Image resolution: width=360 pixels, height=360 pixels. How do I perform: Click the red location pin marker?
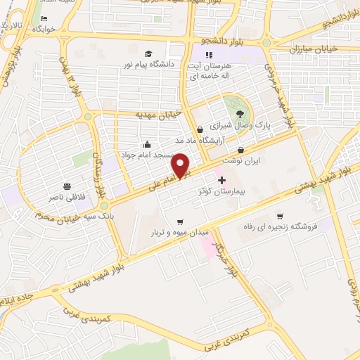[x=181, y=165]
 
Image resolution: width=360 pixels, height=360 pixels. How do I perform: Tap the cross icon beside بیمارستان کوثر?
[x=222, y=180]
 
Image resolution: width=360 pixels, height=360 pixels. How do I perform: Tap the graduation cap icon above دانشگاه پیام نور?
[x=148, y=53]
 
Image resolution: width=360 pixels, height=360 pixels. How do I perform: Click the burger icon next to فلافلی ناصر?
[x=66, y=186]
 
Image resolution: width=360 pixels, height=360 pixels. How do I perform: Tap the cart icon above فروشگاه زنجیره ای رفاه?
[x=280, y=216]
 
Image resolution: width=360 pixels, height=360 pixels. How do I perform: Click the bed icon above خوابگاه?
[x=44, y=18]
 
